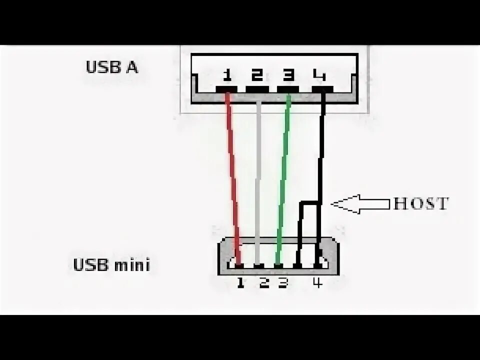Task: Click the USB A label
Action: [112, 67]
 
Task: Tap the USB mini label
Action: [111, 264]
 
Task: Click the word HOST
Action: [421, 203]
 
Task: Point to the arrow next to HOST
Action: [360, 203]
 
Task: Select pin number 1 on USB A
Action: [227, 75]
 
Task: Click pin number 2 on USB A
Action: [257, 75]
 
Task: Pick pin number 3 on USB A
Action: [288, 75]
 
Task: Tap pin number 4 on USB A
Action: [319, 75]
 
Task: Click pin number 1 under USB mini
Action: [240, 283]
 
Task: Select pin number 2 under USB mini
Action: [264, 283]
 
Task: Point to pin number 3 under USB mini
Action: [283, 283]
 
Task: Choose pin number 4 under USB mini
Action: [317, 283]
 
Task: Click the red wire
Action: [232, 175]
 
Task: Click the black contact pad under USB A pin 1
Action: [226, 89]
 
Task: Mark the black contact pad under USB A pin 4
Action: [322, 89]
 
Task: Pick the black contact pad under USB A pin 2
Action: [257, 89]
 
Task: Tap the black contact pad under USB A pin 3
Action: [288, 89]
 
